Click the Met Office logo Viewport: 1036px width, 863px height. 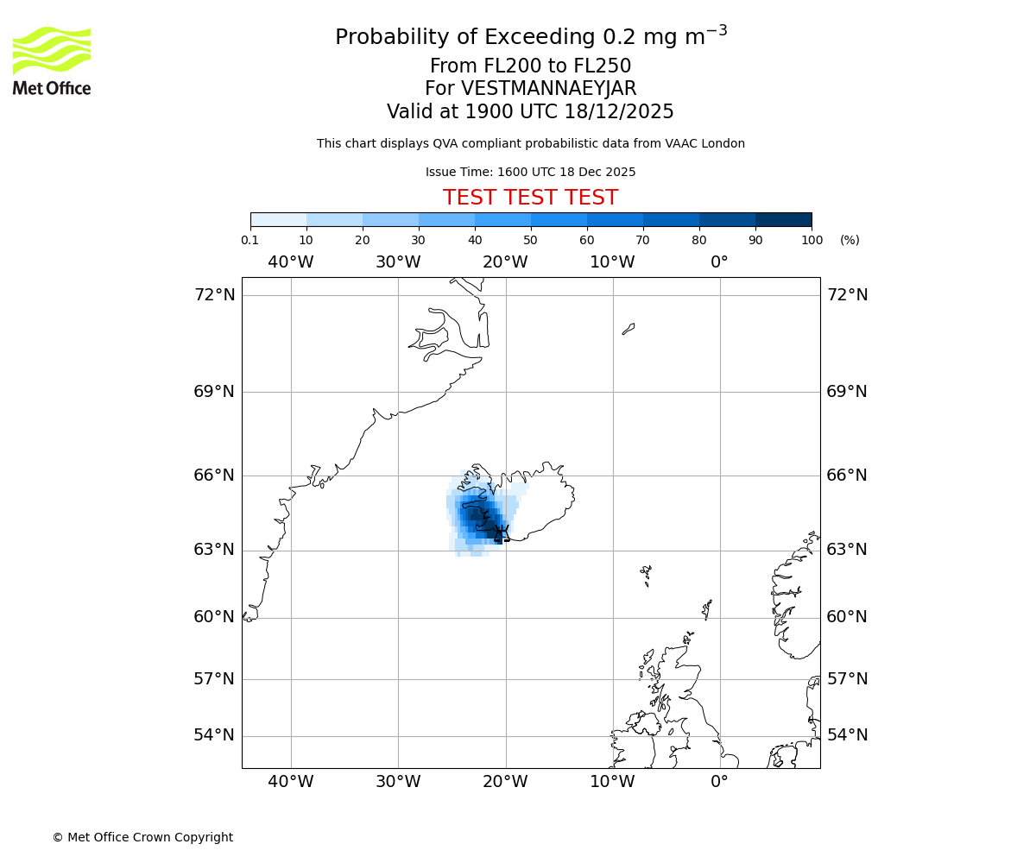coord(52,60)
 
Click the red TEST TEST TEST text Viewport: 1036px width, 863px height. coord(530,198)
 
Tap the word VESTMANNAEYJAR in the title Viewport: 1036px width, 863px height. coord(549,89)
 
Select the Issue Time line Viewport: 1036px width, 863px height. coord(530,173)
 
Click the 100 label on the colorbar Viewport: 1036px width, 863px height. coord(812,241)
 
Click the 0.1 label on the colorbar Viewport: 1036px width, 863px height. coord(250,241)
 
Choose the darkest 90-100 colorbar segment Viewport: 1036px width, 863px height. coord(783,219)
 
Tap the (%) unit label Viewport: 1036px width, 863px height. coord(850,241)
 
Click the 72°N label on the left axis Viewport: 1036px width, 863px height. coord(214,295)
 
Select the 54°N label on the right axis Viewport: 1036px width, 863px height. coord(848,735)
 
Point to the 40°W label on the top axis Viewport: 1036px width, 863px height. coord(291,262)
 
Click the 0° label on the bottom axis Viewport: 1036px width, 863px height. coord(719,783)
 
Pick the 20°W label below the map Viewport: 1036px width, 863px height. coord(505,783)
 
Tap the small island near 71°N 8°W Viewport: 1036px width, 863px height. coord(629,329)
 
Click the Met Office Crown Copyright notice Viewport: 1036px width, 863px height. coord(142,838)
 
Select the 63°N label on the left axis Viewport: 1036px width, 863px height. coord(214,550)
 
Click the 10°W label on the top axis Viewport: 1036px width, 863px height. coord(612,262)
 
